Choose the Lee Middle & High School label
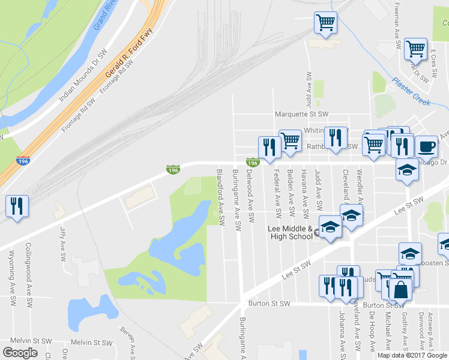click(x=290, y=232)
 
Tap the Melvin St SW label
click(x=91, y=342)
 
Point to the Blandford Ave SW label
click(x=220, y=197)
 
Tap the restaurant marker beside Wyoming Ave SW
click(x=16, y=206)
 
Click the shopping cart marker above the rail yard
click(x=325, y=23)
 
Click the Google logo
click(x=20, y=352)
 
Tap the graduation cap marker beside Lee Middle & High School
click(x=330, y=227)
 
